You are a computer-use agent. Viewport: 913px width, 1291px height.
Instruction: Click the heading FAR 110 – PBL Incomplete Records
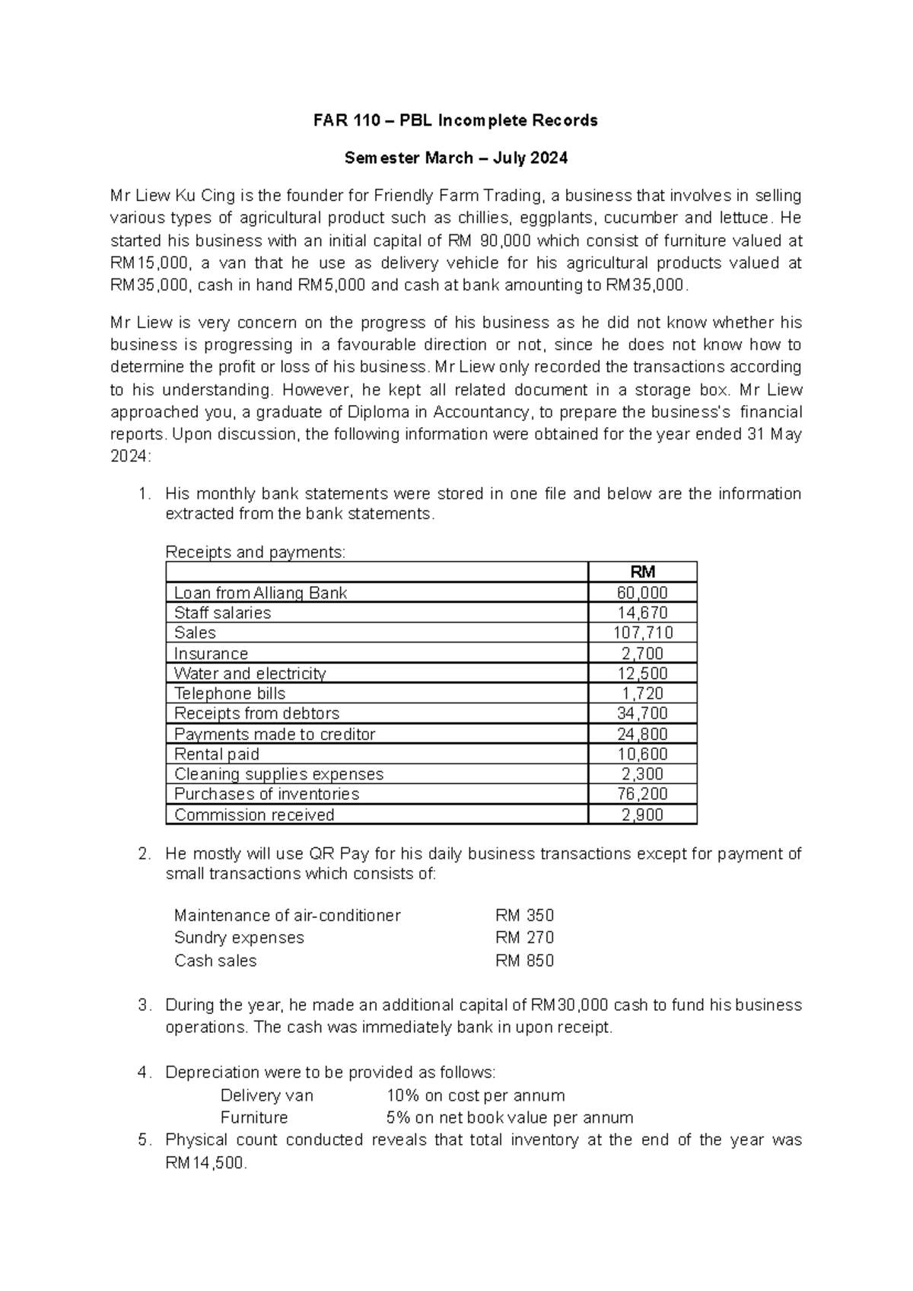(x=456, y=120)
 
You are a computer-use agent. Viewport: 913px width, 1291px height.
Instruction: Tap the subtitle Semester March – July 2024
(x=456, y=158)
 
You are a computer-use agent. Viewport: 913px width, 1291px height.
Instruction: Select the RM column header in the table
(x=643, y=572)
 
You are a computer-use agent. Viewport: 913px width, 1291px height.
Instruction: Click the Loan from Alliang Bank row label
(x=261, y=593)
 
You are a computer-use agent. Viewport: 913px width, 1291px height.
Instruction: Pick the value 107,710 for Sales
(x=643, y=633)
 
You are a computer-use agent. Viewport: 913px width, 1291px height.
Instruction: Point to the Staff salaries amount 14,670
(x=643, y=613)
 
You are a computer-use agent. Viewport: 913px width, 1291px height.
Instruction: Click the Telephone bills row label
(x=230, y=693)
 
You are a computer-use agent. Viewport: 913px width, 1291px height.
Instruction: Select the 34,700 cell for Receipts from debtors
(x=643, y=713)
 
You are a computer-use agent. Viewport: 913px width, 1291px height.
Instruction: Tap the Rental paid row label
(x=217, y=754)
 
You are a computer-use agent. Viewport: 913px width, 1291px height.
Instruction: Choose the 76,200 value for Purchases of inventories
(x=643, y=794)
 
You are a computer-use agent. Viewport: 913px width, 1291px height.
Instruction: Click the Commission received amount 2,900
(x=643, y=814)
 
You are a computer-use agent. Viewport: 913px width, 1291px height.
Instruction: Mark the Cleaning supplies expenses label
(x=279, y=774)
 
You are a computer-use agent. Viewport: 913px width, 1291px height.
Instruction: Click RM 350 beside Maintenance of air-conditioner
(x=525, y=915)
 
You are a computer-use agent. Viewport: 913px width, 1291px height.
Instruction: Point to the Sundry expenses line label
(x=239, y=938)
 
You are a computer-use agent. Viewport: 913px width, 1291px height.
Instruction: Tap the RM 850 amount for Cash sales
(x=525, y=961)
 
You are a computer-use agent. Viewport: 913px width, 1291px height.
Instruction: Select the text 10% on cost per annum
(x=476, y=1095)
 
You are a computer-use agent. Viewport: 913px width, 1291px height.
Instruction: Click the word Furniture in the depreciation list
(x=254, y=1117)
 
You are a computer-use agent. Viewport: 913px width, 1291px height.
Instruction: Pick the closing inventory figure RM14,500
(x=205, y=1163)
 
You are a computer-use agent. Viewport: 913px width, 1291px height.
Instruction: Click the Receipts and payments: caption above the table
(x=256, y=553)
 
